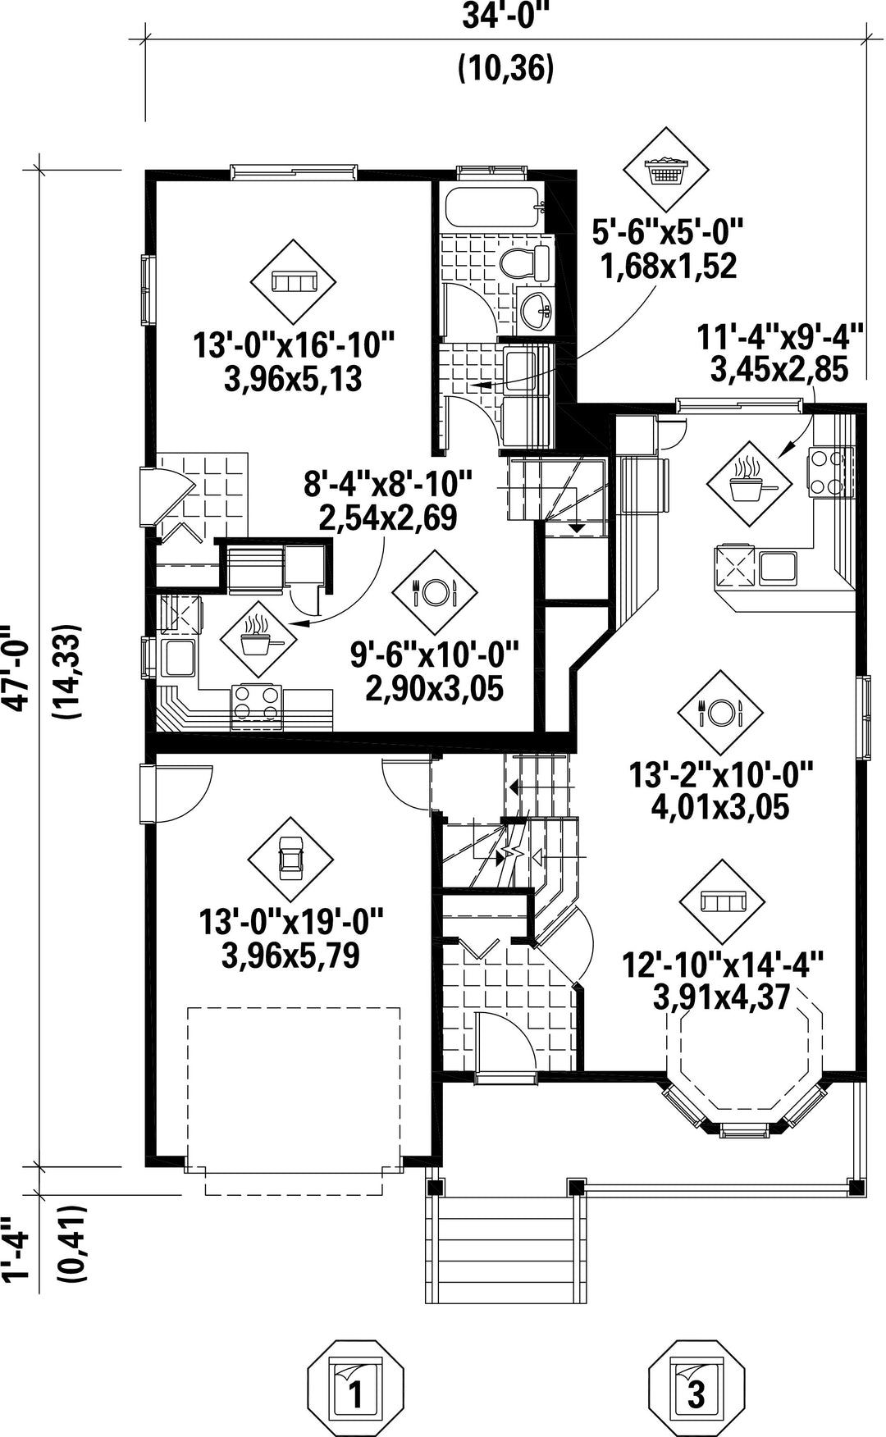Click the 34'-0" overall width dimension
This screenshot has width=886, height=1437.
505,16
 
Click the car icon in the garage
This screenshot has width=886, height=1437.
290,860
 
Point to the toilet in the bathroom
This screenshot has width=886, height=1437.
525,262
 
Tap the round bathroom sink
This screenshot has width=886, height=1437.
537,310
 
